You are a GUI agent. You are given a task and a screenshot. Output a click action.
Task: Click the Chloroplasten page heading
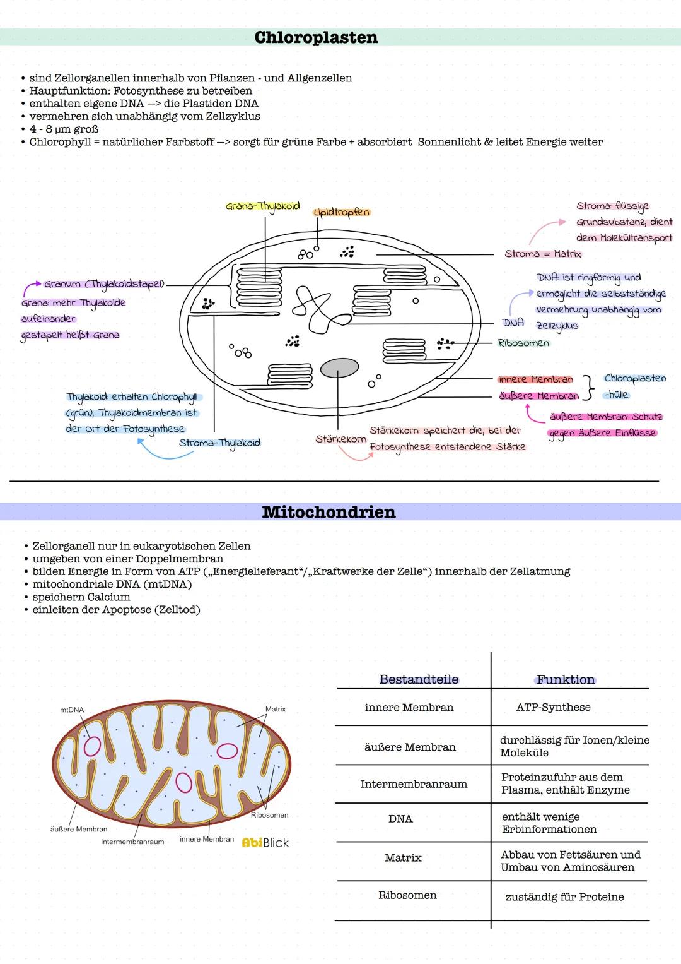[316, 37]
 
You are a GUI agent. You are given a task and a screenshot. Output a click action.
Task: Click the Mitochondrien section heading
[329, 512]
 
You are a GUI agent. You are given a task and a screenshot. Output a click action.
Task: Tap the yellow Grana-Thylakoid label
[262, 206]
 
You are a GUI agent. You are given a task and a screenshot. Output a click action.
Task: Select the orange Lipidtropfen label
[342, 213]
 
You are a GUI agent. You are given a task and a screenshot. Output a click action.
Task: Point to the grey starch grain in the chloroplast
[339, 367]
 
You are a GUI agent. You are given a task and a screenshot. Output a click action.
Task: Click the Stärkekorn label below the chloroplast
[340, 439]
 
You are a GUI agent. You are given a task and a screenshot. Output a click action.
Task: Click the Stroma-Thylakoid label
[219, 443]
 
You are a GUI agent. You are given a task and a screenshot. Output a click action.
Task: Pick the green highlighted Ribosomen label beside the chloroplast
[523, 343]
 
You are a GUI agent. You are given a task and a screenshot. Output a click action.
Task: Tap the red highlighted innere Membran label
[535, 379]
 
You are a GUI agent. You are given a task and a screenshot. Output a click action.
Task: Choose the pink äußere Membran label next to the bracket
[538, 396]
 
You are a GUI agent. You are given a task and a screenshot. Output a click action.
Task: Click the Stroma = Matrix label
[543, 254]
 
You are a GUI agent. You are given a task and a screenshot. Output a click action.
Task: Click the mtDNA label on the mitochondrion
[72, 710]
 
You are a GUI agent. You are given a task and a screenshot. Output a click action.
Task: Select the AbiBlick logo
[265, 843]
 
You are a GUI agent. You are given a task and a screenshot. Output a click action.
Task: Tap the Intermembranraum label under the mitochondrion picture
[132, 842]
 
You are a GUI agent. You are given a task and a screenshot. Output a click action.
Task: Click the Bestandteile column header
[419, 679]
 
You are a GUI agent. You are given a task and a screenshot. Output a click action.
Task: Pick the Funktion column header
[566, 680]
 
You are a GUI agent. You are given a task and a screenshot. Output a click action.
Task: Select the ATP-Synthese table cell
[553, 707]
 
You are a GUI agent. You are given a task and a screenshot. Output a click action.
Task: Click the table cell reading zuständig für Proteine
[564, 897]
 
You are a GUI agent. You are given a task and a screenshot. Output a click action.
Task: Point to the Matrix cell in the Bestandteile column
[403, 858]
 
